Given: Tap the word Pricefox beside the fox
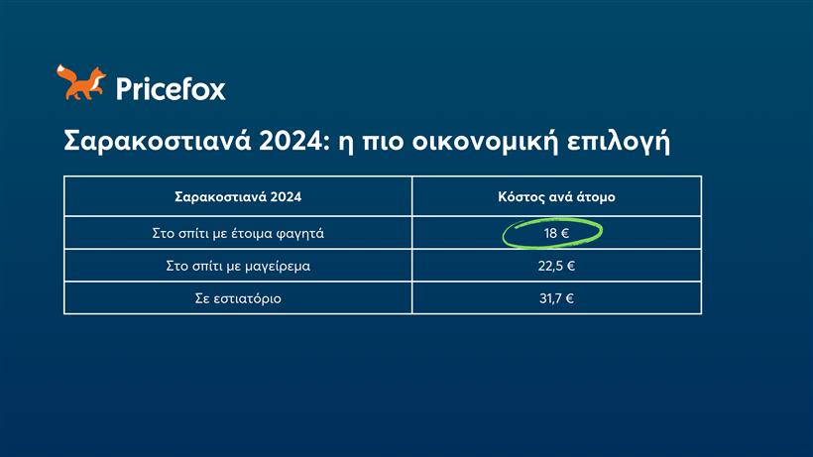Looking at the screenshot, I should tap(171, 89).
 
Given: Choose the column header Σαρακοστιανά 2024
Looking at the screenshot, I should tap(238, 196).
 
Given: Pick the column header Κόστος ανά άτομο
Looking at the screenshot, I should tap(556, 196).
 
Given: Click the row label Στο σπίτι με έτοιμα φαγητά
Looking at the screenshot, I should tap(238, 234).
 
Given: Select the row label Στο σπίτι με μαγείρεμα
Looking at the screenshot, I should tap(238, 266).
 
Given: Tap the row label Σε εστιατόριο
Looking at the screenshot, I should tap(238, 298).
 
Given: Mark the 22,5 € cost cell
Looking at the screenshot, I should tap(556, 266).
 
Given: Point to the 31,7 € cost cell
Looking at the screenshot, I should tap(556, 298).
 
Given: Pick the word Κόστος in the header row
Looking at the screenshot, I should tap(520, 196).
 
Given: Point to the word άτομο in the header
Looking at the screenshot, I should tap(594, 196).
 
